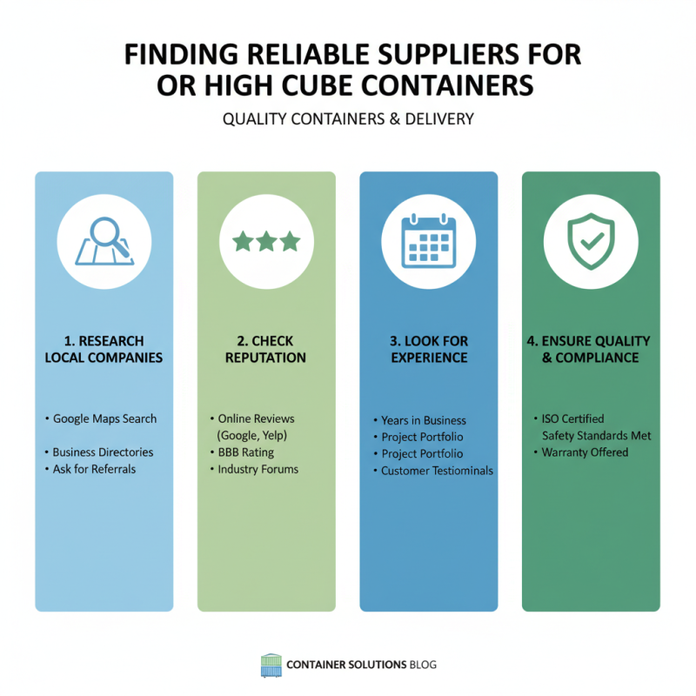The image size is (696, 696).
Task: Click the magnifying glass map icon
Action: point(104,241)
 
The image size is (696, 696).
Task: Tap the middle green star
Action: point(266,241)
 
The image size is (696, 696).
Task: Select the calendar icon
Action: point(428,241)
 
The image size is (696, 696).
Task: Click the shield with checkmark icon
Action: point(591,241)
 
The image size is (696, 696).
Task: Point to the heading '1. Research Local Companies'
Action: point(104,350)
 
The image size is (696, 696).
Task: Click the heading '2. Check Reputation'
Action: point(265,350)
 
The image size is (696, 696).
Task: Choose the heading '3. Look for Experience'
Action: point(429,350)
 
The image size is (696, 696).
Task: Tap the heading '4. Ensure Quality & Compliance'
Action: point(589,350)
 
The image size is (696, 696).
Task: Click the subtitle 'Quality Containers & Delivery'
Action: point(348,119)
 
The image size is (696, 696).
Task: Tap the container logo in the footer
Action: point(271,665)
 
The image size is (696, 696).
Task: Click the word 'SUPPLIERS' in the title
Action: point(448,55)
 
